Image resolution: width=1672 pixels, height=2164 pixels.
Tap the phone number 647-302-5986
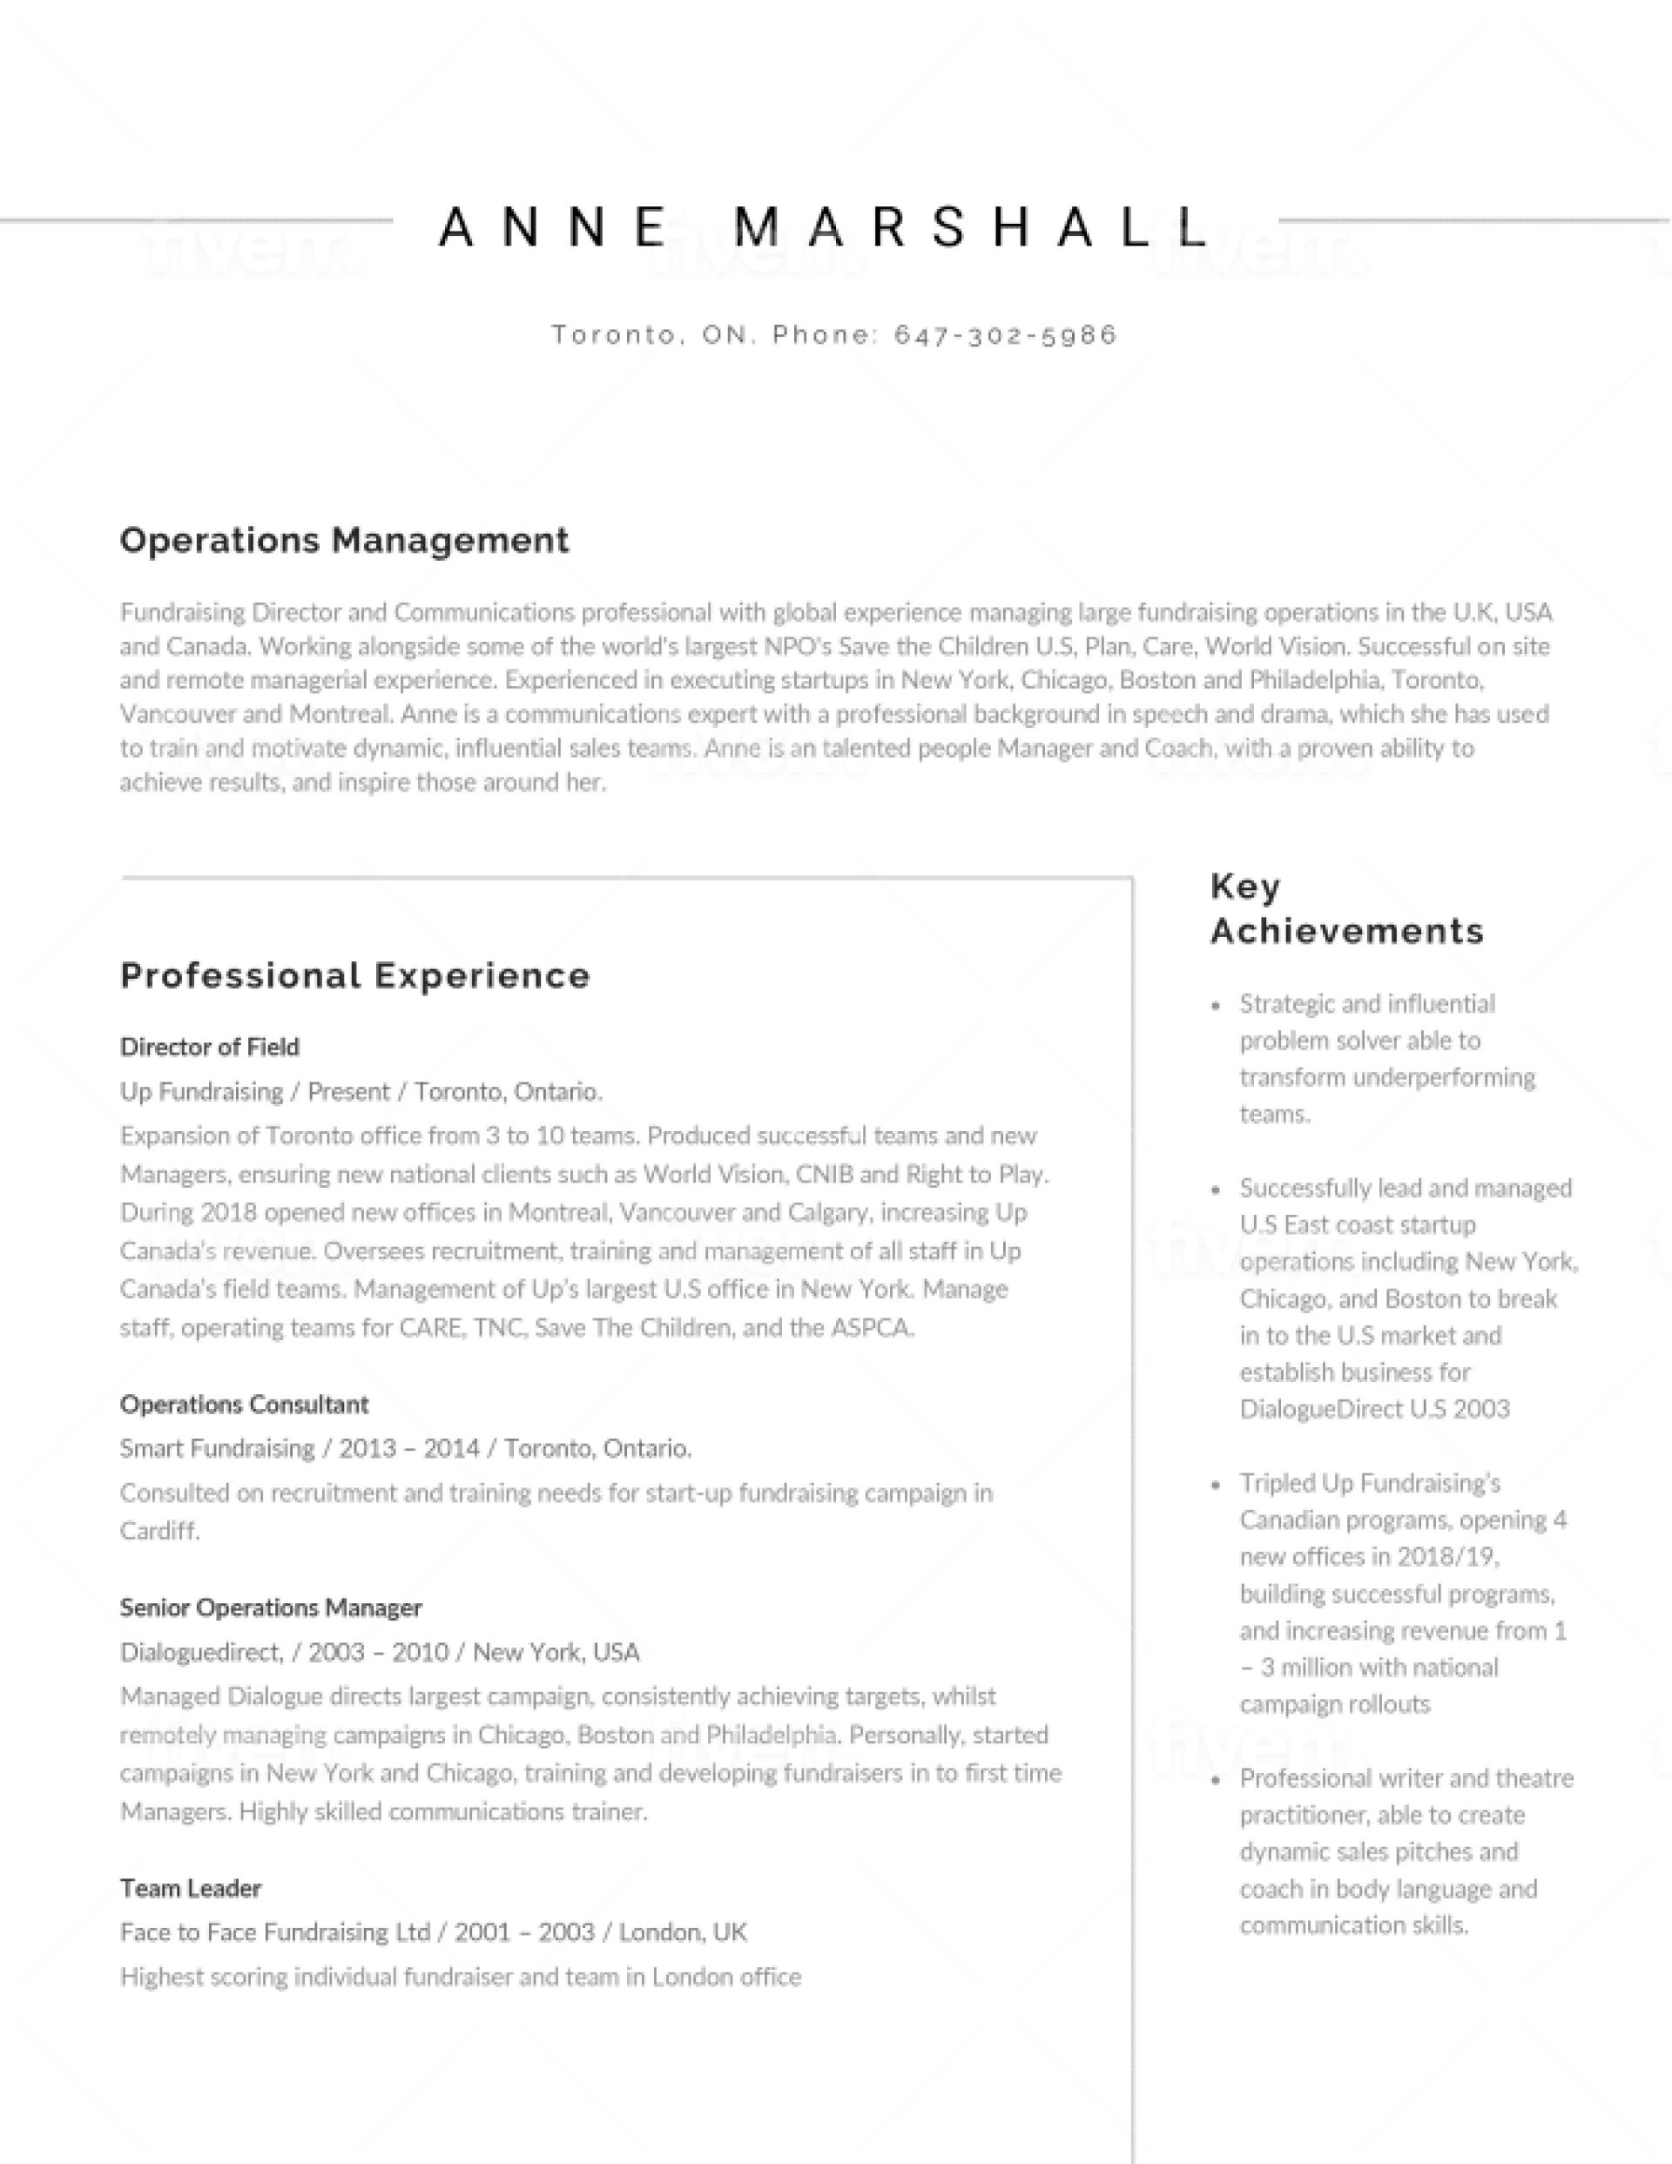[x=1005, y=335]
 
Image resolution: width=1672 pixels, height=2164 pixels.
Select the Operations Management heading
[x=344, y=540]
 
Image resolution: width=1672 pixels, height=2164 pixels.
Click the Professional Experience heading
[x=354, y=975]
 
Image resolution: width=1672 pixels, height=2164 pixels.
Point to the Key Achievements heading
[x=1346, y=907]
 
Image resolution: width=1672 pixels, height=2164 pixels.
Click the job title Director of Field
[x=209, y=1047]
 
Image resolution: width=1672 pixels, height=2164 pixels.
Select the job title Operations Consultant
[x=244, y=1404]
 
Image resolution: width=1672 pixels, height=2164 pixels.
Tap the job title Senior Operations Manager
[x=271, y=1608]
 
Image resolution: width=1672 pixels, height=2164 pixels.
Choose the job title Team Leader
[x=191, y=1888]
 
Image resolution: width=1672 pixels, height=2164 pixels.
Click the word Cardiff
[x=158, y=1531]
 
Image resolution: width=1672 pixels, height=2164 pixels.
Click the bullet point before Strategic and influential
[x=1216, y=1006]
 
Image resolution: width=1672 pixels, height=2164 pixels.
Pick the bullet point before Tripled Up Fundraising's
[x=1216, y=1486]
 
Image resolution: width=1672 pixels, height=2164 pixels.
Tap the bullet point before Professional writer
[x=1216, y=1781]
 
